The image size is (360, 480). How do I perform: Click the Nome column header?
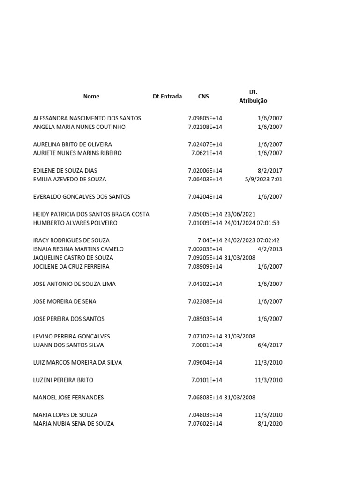point(91,97)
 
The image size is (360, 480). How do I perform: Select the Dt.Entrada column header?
point(167,97)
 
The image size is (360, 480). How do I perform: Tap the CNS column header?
point(204,97)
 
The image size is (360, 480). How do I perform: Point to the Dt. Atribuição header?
point(253,97)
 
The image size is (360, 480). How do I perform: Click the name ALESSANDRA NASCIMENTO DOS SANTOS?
point(87,118)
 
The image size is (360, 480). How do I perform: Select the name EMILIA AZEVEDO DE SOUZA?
point(70,179)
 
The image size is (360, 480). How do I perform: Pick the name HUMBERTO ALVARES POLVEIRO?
point(75,223)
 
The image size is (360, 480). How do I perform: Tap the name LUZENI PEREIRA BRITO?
point(63,380)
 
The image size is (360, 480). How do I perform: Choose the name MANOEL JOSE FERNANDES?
point(68,397)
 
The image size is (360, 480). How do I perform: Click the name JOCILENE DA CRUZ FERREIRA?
point(71,267)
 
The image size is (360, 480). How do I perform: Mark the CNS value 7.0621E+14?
point(207,153)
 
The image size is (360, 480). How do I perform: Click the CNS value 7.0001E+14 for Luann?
point(207,345)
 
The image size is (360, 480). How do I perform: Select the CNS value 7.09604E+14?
point(205,363)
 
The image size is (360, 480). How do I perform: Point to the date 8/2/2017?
point(270,171)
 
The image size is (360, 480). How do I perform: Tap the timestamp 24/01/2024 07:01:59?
point(252,223)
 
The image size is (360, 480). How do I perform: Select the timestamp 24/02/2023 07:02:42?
point(252,240)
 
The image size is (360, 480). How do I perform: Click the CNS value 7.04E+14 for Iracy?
point(210,240)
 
